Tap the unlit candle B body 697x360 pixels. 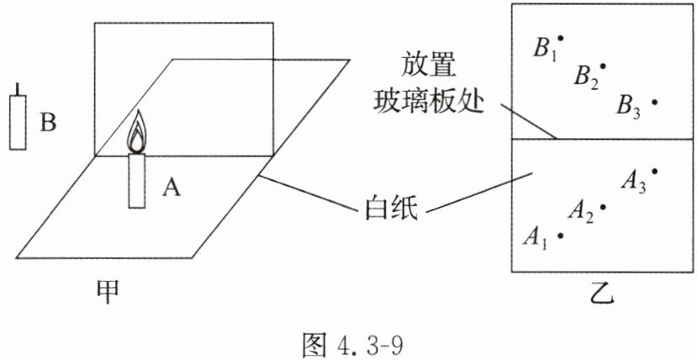click(18, 122)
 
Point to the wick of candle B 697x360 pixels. click(18, 89)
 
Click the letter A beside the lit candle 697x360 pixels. click(172, 188)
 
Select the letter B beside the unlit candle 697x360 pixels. click(48, 122)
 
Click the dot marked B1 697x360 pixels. click(561, 39)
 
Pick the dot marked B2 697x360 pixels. click(603, 66)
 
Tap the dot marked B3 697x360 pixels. click(654, 102)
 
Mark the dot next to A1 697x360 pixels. click(561, 236)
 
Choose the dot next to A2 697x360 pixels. click(603, 207)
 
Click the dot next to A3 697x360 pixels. click(654, 171)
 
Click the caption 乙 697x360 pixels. click(604, 294)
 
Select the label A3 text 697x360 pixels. click(633, 183)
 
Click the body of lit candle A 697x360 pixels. click(136, 181)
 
